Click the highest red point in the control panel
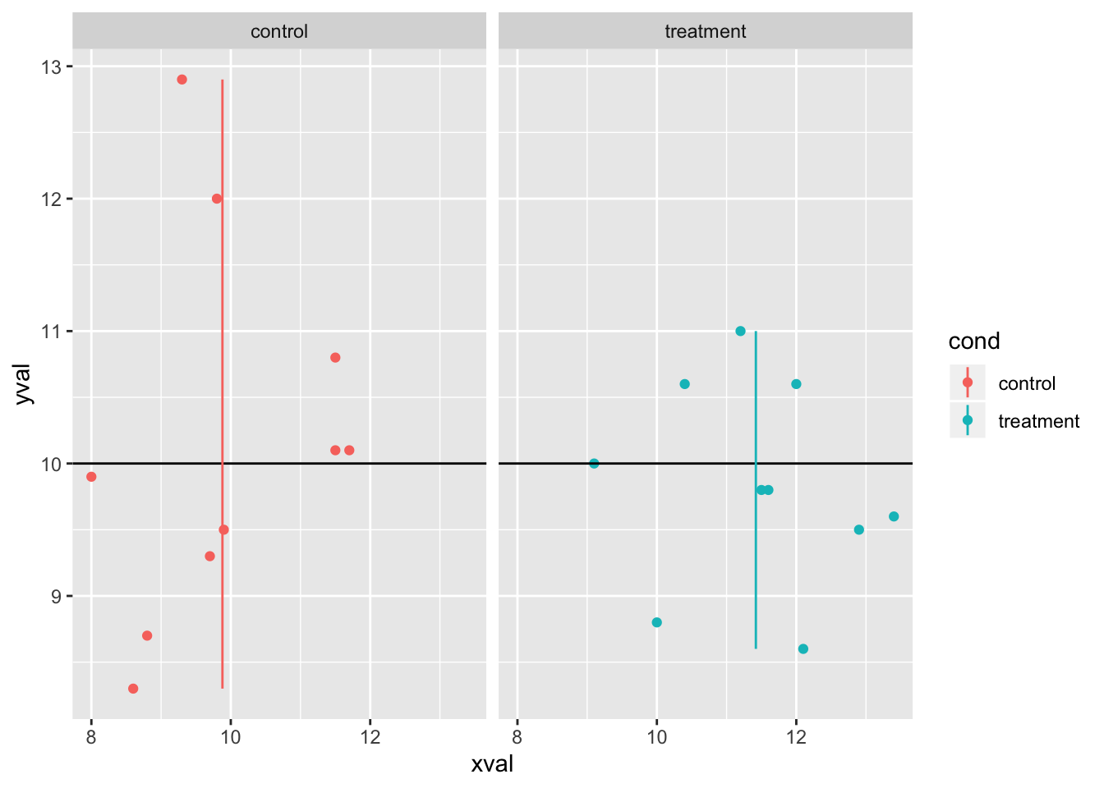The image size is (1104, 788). click(x=182, y=80)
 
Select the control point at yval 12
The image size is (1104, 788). click(x=217, y=199)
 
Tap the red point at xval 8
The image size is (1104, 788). click(x=91, y=477)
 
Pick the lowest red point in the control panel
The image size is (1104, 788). click(x=133, y=689)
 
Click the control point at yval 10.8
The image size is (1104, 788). click(x=335, y=358)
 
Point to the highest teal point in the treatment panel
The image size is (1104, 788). click(x=740, y=332)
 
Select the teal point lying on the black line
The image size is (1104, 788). click(x=594, y=464)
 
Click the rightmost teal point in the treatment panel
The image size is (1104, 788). click(x=894, y=516)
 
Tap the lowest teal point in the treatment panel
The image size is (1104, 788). click(x=803, y=649)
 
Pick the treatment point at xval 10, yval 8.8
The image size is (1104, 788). click(x=656, y=622)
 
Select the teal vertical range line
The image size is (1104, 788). click(x=756, y=575)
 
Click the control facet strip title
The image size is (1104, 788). click(x=279, y=32)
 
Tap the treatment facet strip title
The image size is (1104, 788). click(x=706, y=32)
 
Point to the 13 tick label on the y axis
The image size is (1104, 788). click(x=51, y=66)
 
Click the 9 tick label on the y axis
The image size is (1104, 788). click(x=56, y=597)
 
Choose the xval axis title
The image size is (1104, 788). click(x=492, y=764)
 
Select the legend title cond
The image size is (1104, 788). click(x=974, y=341)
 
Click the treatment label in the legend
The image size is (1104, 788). click(x=1038, y=421)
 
